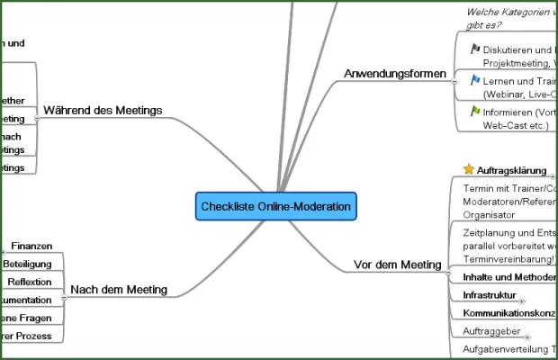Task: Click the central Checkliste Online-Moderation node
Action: [276, 206]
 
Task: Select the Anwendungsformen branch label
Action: [395, 73]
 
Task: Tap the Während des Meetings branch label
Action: [103, 111]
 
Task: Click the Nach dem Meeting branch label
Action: [119, 289]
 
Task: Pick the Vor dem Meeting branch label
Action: [398, 265]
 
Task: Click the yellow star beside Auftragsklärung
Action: [468, 169]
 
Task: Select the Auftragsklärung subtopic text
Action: [511, 169]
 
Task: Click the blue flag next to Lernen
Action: [474, 79]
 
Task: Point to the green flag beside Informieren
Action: [474, 111]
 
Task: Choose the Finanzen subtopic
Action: [38, 246]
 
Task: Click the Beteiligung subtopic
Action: [28, 264]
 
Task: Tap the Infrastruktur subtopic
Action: [490, 295]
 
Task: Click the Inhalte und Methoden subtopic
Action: [509, 277]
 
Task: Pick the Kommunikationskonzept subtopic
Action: [509, 313]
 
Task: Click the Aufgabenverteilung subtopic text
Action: [508, 348]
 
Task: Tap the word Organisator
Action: [491, 215]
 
